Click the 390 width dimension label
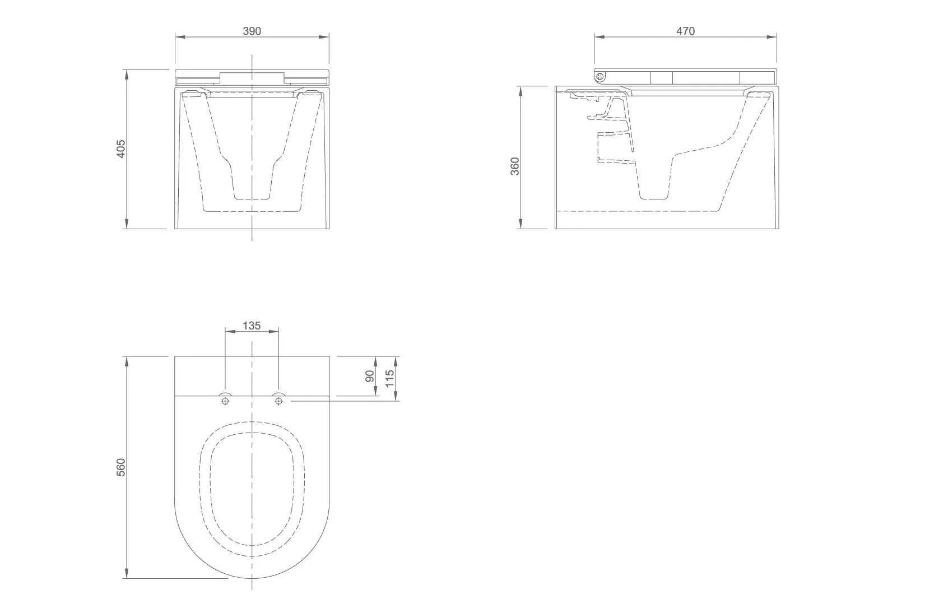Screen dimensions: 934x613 (252, 31)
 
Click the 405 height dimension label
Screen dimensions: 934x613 (120, 149)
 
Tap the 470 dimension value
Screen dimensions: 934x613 (685, 31)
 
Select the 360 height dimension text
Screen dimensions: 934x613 (515, 166)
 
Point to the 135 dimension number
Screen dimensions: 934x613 (252, 326)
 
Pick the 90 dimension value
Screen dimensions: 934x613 (370, 376)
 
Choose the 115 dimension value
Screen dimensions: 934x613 (390, 379)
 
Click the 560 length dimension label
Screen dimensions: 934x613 (120, 467)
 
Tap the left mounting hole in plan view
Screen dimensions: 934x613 (226, 401)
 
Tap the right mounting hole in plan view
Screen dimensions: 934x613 (279, 401)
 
